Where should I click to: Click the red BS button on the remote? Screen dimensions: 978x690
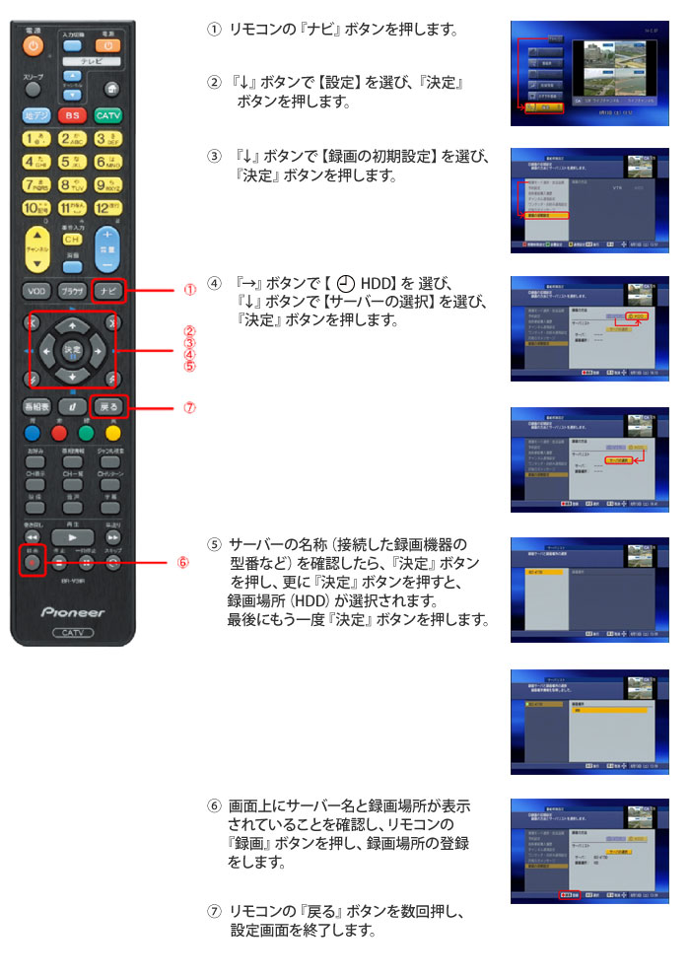point(71,115)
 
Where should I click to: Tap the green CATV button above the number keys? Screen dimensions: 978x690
point(108,115)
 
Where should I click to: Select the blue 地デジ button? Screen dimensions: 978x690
point(35,115)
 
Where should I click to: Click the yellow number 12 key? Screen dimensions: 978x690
point(108,207)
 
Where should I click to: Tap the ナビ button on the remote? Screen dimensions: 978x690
point(108,291)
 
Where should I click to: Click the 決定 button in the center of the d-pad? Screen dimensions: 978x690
point(72,350)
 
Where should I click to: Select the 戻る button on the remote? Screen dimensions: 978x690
point(108,406)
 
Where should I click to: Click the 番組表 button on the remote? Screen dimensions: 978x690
point(35,406)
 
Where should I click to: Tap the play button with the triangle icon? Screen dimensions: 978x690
point(72,536)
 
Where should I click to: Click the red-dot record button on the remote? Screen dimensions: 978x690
point(33,563)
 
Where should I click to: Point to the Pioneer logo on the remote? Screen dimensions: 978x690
point(72,612)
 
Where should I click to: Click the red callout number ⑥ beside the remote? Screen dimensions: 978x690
point(182,563)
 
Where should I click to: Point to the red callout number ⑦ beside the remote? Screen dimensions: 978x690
point(189,406)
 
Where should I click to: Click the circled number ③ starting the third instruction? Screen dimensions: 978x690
point(214,157)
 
